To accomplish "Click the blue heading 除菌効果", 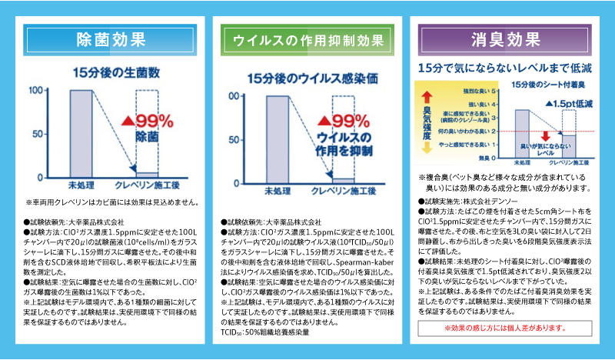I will coord(111,39).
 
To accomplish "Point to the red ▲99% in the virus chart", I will coord(345,122).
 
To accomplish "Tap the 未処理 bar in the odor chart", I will coord(522,132).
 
